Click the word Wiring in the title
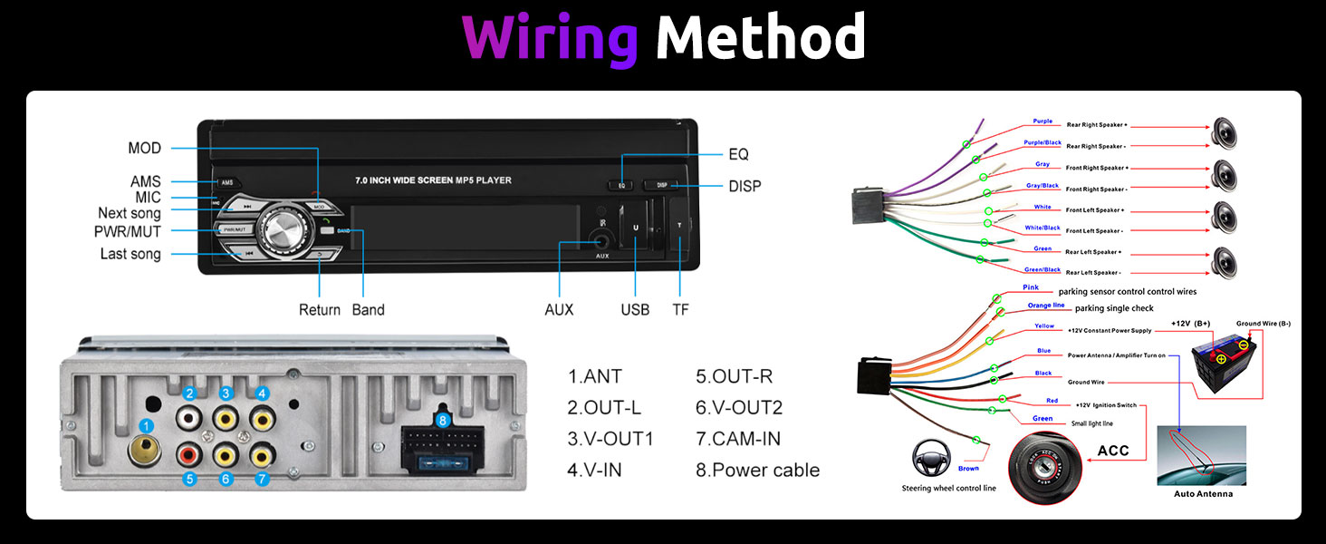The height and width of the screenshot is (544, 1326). [550, 38]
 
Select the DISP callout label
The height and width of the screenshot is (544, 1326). [745, 186]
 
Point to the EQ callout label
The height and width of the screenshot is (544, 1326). [738, 154]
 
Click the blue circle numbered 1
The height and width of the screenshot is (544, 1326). [146, 425]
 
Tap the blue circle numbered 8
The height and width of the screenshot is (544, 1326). [442, 421]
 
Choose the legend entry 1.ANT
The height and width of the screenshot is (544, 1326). [595, 375]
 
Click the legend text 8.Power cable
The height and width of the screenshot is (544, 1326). [757, 470]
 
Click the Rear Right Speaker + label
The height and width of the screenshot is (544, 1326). [1097, 125]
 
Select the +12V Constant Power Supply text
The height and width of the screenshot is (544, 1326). [1110, 331]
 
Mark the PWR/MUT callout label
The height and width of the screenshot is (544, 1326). [127, 231]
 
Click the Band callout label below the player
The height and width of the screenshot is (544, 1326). [368, 310]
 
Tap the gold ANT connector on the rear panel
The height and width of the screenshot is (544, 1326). [145, 450]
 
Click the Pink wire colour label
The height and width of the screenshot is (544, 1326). [1031, 287]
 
